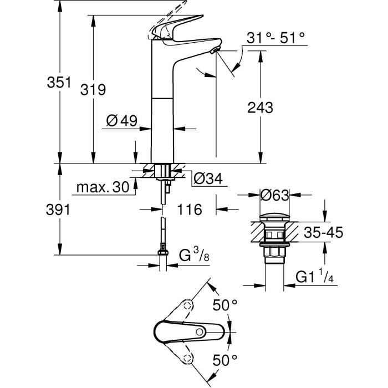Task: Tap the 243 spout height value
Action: (x=261, y=108)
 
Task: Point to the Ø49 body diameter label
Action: (x=120, y=121)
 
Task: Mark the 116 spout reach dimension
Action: (x=189, y=209)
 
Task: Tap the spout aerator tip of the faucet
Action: (x=214, y=52)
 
